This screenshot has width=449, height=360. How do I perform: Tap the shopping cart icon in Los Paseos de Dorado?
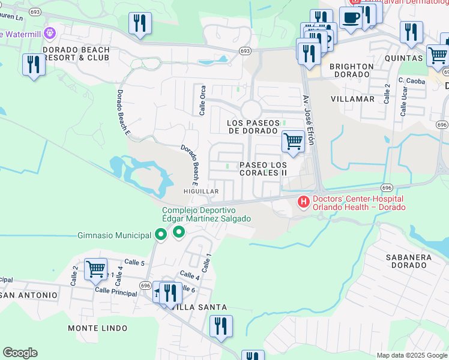pos(293,142)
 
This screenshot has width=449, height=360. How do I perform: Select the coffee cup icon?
pos(350,17)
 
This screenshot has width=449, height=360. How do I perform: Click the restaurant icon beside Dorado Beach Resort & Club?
pos(34,65)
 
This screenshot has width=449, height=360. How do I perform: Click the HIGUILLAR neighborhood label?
pos(200,191)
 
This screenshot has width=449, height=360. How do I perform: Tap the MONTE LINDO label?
pos(97,328)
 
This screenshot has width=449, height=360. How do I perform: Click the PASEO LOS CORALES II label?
pos(263,169)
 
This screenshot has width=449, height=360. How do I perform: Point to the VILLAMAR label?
pos(352,98)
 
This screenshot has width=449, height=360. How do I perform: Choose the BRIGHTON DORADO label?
pos(351,70)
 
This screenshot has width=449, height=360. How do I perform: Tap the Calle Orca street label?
pos(202,100)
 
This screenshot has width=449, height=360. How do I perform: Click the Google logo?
pos(20,353)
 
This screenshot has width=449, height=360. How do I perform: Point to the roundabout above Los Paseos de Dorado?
pos(251,110)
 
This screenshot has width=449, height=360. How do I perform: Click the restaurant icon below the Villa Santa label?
pos(221,326)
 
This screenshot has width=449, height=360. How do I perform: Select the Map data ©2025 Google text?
pos(412,355)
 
